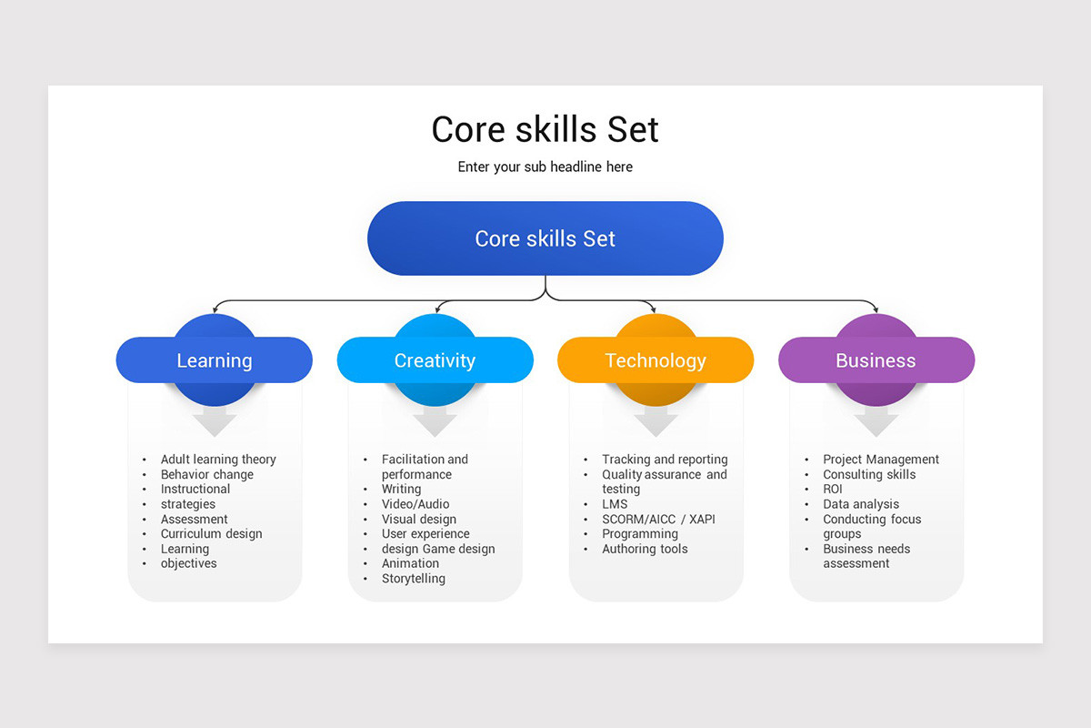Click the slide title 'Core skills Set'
point(545,129)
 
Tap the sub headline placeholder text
point(545,167)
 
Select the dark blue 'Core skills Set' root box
point(545,238)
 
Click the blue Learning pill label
point(214,360)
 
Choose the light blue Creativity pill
point(435,360)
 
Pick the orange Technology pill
point(655,360)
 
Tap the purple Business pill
point(876,360)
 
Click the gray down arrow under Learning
point(215,421)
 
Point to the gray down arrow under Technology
point(656,421)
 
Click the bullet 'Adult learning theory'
point(218,460)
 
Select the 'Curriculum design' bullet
point(211,534)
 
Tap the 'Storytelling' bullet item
point(414,579)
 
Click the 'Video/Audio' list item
point(415,504)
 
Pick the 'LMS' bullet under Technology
point(615,504)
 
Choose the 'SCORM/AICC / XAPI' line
point(658,519)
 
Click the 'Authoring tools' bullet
point(645,549)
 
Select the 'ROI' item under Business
point(833,490)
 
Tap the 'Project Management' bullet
point(881,460)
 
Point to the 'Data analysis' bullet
point(861,504)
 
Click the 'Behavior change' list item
point(207,474)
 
